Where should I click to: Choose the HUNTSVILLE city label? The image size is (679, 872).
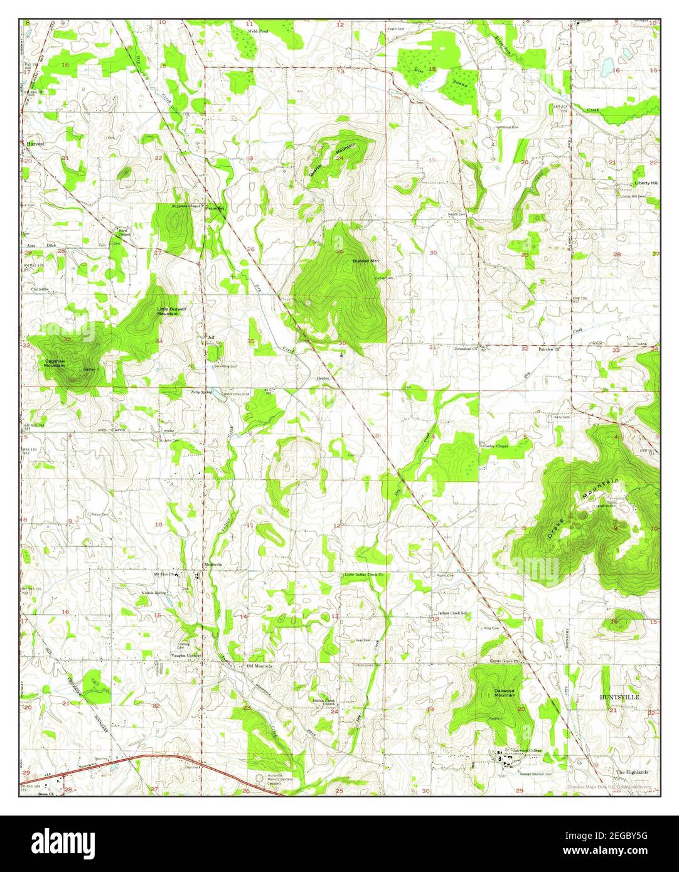coord(619,696)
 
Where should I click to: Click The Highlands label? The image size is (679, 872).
coord(632,772)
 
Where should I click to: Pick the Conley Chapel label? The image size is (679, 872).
coord(496,446)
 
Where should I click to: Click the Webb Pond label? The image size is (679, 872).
coord(254,30)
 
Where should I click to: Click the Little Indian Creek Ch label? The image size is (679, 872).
coord(363,575)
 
